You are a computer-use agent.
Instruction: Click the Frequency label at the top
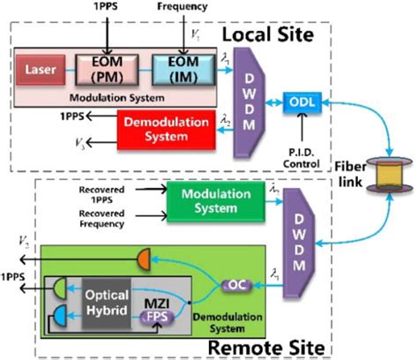tap(183, 7)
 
